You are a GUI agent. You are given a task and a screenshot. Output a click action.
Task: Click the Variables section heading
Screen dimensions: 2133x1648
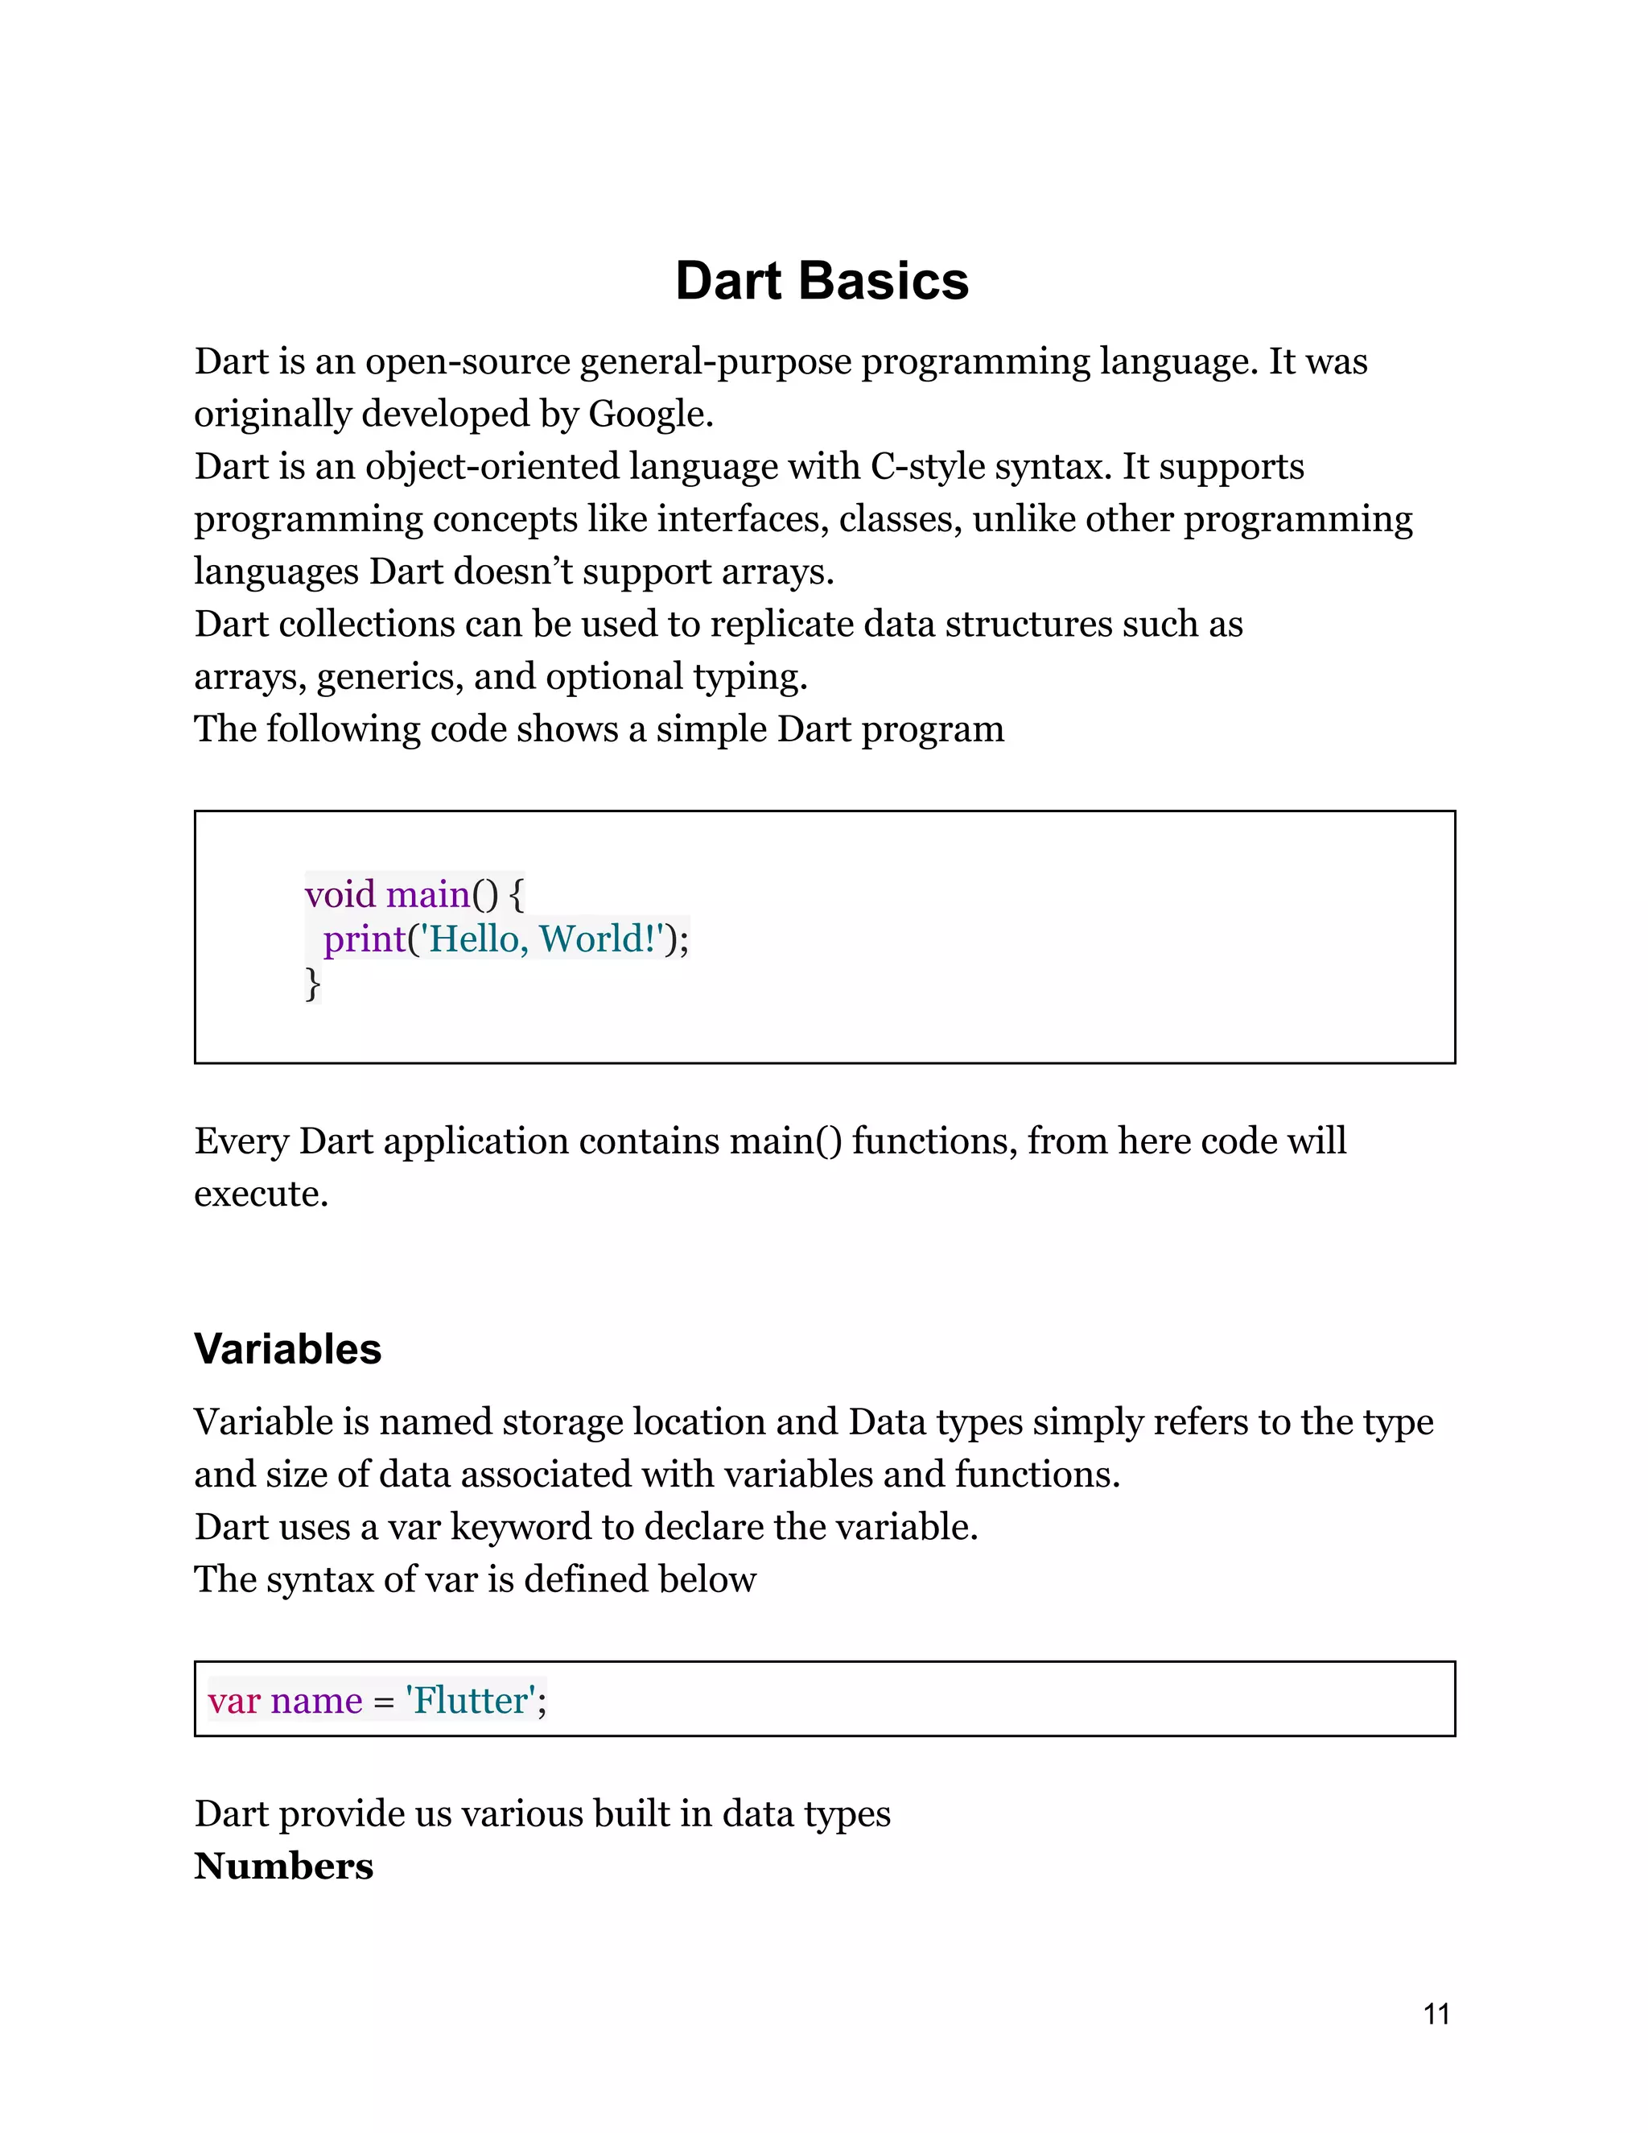click(x=287, y=1349)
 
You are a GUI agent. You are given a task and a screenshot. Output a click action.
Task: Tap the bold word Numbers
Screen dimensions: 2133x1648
click(x=283, y=1867)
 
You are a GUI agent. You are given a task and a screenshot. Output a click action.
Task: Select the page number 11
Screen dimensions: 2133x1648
click(x=1436, y=2014)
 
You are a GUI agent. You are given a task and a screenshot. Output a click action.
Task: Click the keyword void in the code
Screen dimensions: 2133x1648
click(x=340, y=894)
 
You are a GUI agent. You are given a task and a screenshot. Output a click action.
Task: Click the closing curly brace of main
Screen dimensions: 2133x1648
click(x=312, y=984)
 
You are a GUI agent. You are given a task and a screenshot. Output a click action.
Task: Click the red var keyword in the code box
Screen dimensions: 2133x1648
click(x=233, y=1700)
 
